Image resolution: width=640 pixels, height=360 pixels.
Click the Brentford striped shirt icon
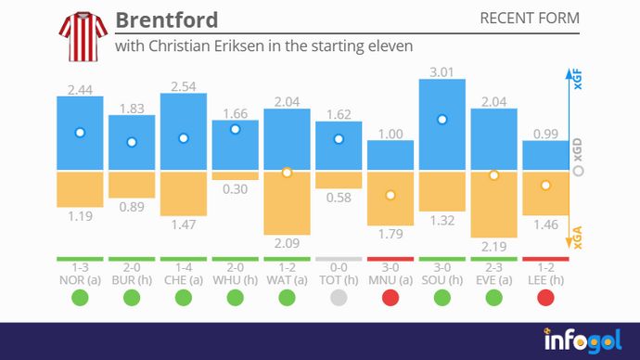(x=80, y=34)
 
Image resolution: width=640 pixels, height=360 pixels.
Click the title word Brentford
(x=167, y=19)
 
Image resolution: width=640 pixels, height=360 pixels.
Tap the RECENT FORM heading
(x=530, y=19)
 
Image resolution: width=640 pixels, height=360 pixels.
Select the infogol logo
(x=582, y=340)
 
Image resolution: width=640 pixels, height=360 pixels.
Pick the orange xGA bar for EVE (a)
(x=494, y=203)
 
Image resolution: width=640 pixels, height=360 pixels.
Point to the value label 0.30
(x=235, y=189)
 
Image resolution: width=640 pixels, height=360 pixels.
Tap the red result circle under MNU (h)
(x=390, y=298)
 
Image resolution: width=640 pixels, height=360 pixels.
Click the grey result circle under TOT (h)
(x=339, y=298)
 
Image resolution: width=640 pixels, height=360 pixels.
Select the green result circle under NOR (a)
(x=80, y=298)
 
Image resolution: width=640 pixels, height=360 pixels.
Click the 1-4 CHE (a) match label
(x=183, y=272)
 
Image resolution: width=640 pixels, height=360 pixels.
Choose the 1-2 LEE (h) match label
(x=545, y=272)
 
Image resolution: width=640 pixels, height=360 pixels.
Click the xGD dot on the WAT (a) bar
(x=287, y=172)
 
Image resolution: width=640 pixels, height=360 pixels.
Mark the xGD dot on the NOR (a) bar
(x=80, y=133)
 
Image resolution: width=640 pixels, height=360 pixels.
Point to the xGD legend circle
(x=579, y=172)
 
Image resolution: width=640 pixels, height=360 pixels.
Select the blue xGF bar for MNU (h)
(x=390, y=156)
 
